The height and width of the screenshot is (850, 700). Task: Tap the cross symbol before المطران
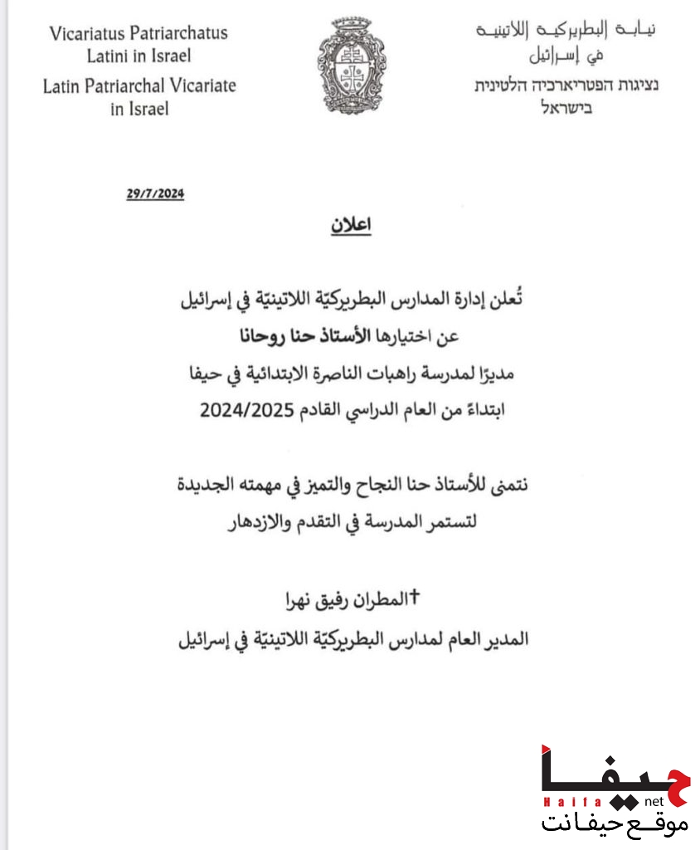point(416,595)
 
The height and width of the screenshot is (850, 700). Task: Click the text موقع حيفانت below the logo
point(615,823)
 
